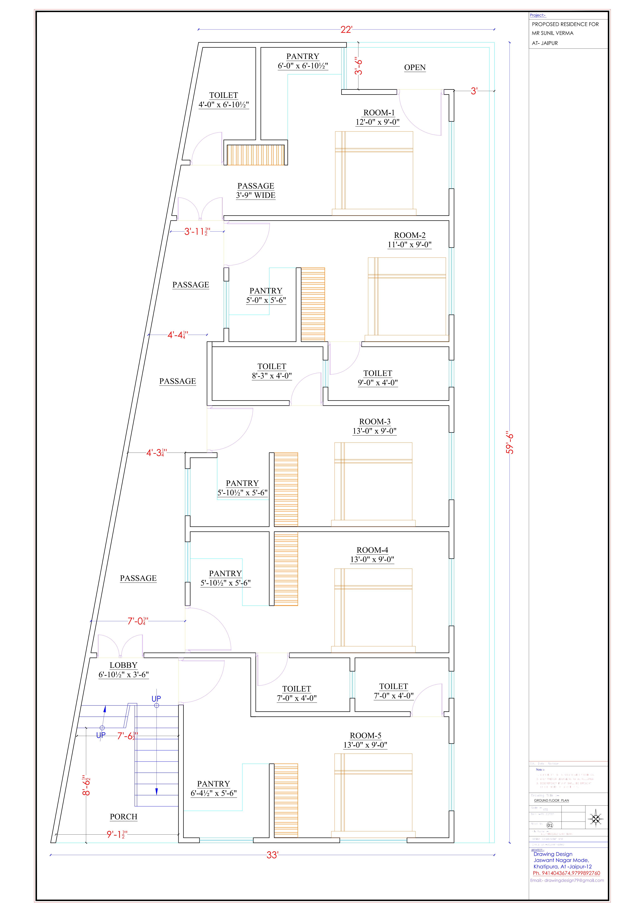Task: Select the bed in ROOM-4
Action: tap(373, 610)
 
